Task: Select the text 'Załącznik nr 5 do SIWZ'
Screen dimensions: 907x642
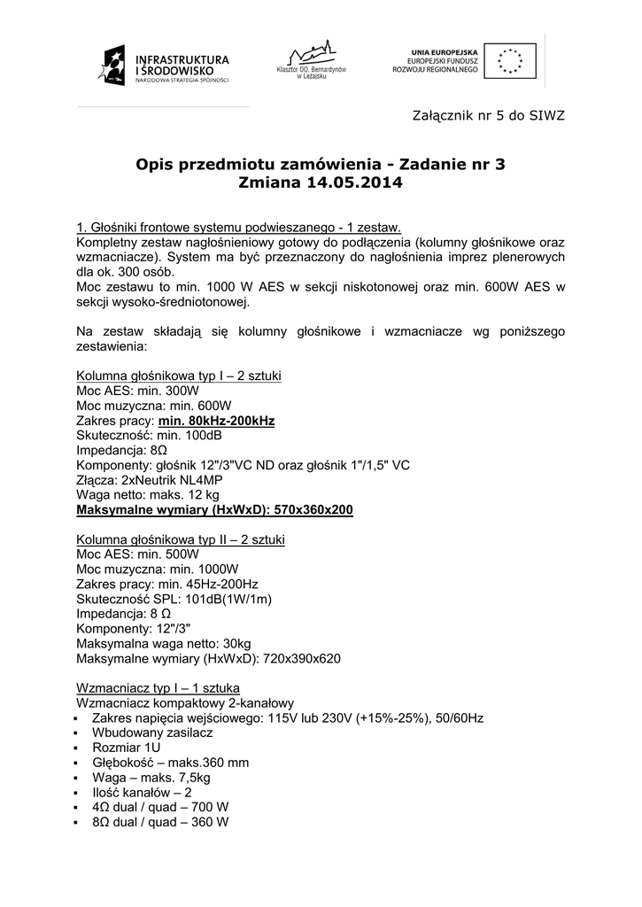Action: pos(489,115)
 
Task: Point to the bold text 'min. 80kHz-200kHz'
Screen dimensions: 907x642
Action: pos(215,420)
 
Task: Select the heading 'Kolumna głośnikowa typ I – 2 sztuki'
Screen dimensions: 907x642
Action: pos(179,375)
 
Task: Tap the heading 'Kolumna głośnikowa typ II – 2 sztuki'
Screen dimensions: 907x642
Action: pos(181,539)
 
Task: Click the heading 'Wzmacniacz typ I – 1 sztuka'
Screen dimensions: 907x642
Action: pos(158,687)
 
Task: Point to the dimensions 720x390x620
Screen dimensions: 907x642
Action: pos(297,659)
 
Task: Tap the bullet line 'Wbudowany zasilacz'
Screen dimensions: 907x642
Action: pos(152,733)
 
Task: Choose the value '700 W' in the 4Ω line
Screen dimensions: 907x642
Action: pos(211,807)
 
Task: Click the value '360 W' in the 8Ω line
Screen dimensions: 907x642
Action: pos(211,822)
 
